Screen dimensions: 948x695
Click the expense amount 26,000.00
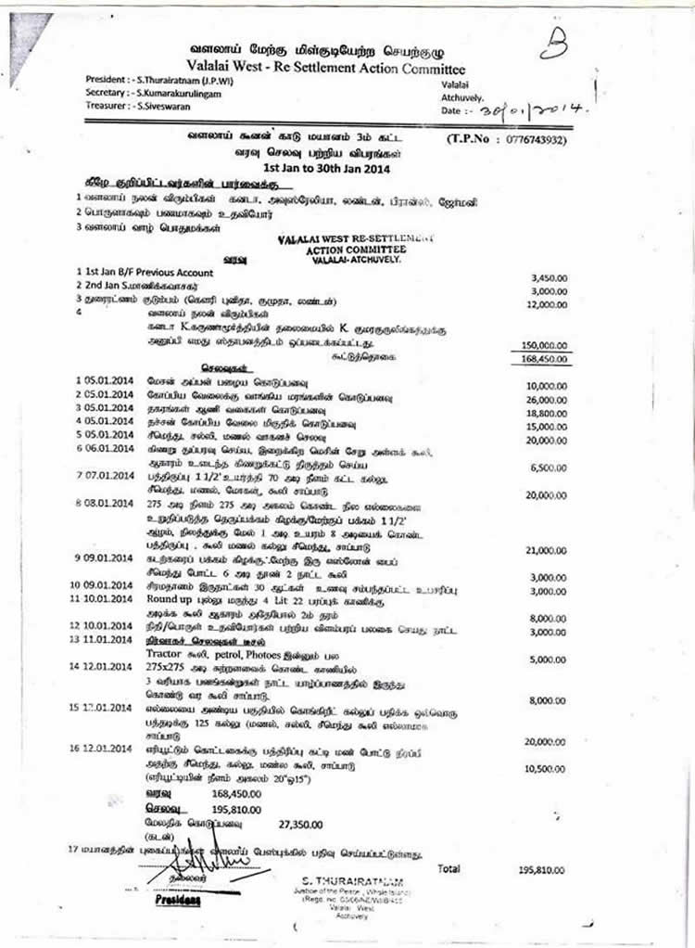point(545,400)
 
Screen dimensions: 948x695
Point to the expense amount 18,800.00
point(545,415)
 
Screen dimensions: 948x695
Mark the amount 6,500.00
point(548,469)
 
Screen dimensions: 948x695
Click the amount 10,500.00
point(545,769)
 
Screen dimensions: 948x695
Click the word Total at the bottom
point(449,868)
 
